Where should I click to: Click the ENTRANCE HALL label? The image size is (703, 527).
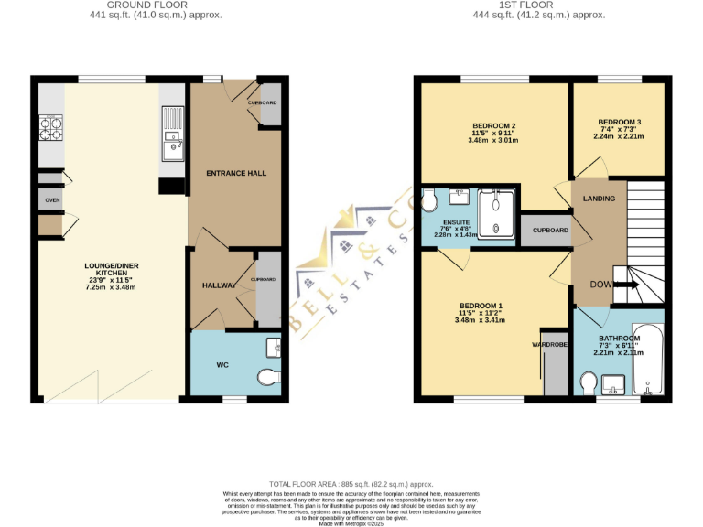pyautogui.click(x=235, y=173)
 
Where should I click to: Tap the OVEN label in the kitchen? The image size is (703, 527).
pyautogui.click(x=53, y=199)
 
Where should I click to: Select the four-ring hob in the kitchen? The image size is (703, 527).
pyautogui.click(x=51, y=128)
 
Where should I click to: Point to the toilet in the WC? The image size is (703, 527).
pyautogui.click(x=268, y=377)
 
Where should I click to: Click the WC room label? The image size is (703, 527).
pyautogui.click(x=222, y=365)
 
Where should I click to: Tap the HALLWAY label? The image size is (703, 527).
pyautogui.click(x=219, y=285)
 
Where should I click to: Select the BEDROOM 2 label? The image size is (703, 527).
pyautogui.click(x=494, y=126)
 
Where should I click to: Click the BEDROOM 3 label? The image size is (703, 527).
pyautogui.click(x=620, y=122)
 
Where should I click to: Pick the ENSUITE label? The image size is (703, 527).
pyautogui.click(x=457, y=221)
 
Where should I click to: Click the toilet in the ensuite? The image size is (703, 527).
pyautogui.click(x=427, y=201)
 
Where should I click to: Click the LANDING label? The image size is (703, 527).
pyautogui.click(x=599, y=199)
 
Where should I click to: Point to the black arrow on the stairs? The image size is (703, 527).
pyautogui.click(x=630, y=285)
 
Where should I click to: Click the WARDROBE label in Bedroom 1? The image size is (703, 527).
pyautogui.click(x=551, y=345)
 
